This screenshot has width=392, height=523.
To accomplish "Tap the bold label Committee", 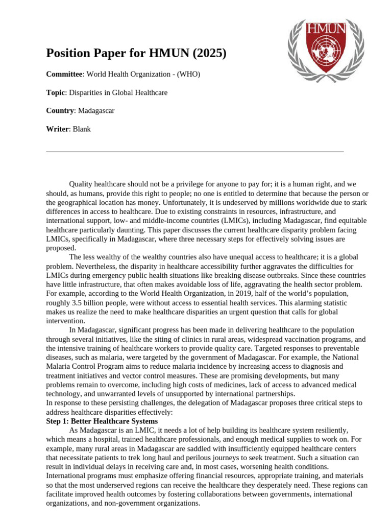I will pos(64,75).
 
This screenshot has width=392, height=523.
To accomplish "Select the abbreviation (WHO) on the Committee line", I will pos(189,75).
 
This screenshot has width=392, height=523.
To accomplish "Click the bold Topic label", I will pos(56,93).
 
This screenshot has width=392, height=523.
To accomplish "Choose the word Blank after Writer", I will pos(82,129).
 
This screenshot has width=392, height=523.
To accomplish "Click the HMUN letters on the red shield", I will pos(325,27).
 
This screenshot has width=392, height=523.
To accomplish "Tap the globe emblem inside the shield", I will pos(325,52).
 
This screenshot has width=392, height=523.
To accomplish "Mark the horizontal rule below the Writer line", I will pos(194,152).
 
